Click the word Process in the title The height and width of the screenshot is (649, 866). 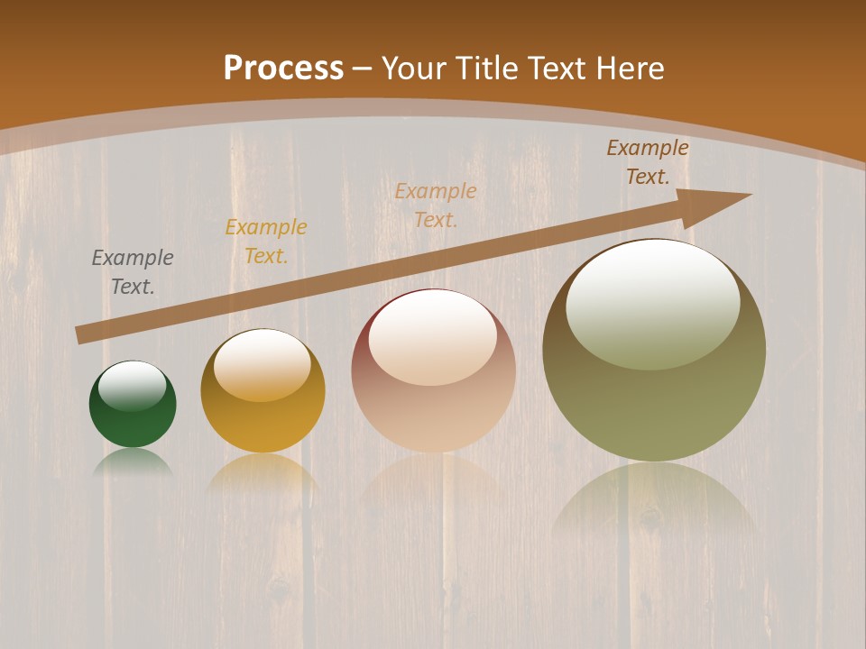point(283,69)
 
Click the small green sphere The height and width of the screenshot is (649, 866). point(133,415)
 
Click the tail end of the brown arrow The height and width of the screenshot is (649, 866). point(83,334)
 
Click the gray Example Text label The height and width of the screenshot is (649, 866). point(133,272)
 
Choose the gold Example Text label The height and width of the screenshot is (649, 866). point(266,242)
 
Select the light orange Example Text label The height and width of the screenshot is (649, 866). point(436,205)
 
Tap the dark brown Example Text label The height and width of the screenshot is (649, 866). point(648,162)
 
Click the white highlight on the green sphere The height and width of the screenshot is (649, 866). point(133,385)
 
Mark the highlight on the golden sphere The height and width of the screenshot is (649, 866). point(263,363)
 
